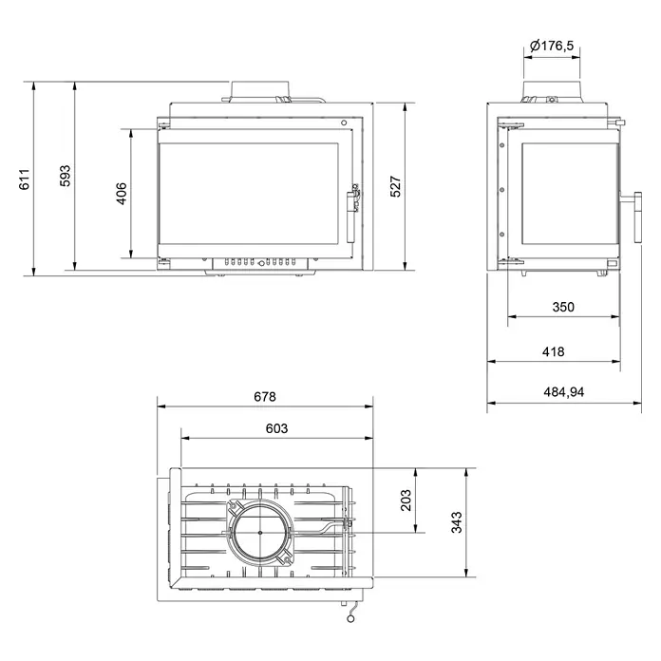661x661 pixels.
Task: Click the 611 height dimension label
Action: pos(25,179)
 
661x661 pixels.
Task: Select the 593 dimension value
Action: pos(65,176)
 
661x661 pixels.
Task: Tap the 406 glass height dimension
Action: pos(122,194)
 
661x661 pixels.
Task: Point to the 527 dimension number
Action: pos(395,186)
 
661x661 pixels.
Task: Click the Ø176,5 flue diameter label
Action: pos(552,45)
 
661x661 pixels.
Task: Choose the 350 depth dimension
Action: pos(563,307)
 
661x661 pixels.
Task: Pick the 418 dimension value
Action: pos(553,351)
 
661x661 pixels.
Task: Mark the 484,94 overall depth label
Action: pos(564,392)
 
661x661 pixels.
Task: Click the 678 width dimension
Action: pos(265,397)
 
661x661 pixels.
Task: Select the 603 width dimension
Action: pos(276,428)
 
